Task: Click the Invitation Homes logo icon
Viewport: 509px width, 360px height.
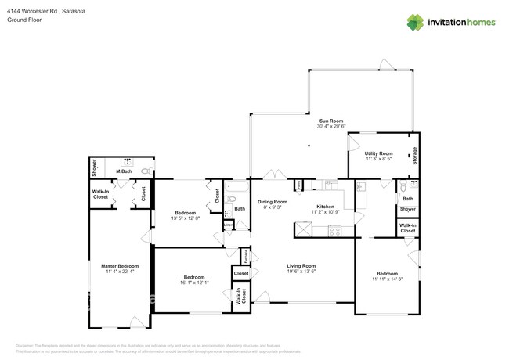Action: click(x=417, y=21)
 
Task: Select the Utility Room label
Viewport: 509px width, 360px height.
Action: click(x=379, y=153)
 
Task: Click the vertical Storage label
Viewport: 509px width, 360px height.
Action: click(x=415, y=154)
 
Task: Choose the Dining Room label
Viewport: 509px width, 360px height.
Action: click(x=273, y=202)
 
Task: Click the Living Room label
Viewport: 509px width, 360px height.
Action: click(x=301, y=265)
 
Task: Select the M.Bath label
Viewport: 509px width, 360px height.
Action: click(x=123, y=171)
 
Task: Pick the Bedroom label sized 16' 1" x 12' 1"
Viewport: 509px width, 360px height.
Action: click(x=194, y=277)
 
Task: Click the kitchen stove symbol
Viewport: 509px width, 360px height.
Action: click(x=335, y=231)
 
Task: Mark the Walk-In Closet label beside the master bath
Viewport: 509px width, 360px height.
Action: click(x=101, y=194)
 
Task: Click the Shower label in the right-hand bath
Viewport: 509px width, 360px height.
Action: click(x=407, y=210)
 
